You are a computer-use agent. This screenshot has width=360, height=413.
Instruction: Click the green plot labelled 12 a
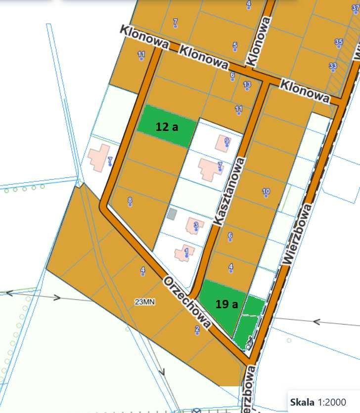tap(165, 126)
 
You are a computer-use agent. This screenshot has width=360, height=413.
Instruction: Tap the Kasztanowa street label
tap(228, 192)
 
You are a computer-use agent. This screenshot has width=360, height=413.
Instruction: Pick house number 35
tap(339, 42)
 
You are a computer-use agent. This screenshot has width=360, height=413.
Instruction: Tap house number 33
tap(333, 66)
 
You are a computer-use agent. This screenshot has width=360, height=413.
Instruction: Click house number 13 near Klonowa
tap(247, 84)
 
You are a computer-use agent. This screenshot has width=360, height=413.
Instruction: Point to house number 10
tap(266, 192)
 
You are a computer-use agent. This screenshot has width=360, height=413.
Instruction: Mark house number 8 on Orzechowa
tap(130, 200)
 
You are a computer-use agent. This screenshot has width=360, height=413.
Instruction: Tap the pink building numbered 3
tap(193, 226)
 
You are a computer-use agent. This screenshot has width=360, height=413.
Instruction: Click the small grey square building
tap(172, 214)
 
